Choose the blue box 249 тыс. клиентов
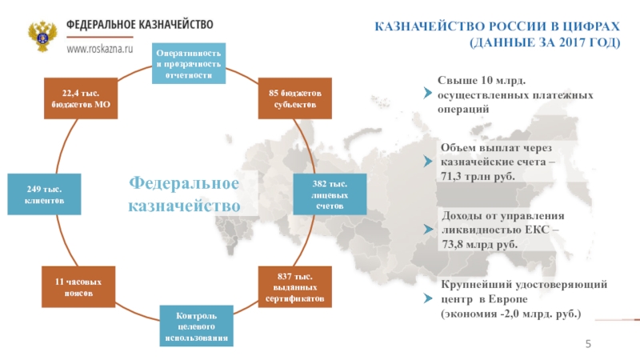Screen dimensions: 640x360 tap(45, 194)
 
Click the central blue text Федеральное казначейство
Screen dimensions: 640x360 tap(185, 194)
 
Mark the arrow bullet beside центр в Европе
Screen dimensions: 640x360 tap(428, 298)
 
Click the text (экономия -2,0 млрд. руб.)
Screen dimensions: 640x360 tap(511, 312)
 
